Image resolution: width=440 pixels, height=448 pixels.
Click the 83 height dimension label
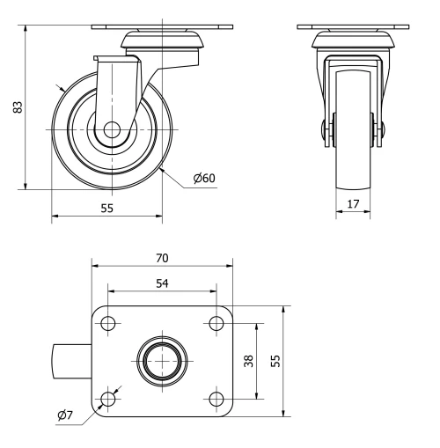[x=16, y=106]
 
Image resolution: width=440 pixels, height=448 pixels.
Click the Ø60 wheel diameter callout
[x=204, y=179]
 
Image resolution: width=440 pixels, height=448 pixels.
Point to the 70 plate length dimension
[x=162, y=258]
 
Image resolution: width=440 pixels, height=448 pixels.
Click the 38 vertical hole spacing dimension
[x=249, y=362]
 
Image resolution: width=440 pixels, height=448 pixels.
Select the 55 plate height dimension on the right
[x=276, y=362]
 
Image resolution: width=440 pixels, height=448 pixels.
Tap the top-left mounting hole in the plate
[x=108, y=324]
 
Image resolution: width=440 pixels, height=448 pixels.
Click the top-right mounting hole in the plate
[x=216, y=324]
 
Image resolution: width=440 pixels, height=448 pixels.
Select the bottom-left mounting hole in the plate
[x=108, y=400]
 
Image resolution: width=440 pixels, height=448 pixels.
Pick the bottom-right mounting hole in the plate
[x=216, y=400]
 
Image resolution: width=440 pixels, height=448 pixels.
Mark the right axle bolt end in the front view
[x=382, y=129]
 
